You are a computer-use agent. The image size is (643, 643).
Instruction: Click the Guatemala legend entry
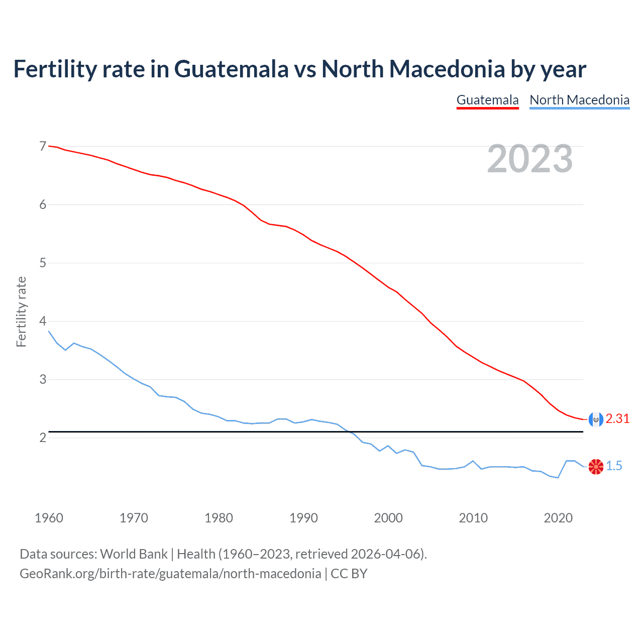(487, 100)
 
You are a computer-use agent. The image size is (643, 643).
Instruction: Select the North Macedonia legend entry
(579, 100)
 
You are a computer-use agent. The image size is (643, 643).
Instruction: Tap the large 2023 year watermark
(529, 159)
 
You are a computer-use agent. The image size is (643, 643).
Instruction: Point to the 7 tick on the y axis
(43, 146)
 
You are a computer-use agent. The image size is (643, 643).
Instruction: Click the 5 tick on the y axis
(43, 263)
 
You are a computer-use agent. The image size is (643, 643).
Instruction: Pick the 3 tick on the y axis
(43, 379)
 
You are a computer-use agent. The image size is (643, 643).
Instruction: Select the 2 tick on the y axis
(43, 438)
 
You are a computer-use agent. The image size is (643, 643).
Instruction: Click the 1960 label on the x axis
(49, 518)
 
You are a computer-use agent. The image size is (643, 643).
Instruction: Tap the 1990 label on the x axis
(303, 518)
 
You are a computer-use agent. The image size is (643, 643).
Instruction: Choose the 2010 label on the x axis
(473, 518)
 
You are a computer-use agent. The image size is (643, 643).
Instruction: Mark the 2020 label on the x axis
(558, 518)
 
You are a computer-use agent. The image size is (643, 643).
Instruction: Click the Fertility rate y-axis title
(21, 311)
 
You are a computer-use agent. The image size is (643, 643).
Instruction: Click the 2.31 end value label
(617, 418)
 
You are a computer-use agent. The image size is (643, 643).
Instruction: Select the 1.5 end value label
(614, 466)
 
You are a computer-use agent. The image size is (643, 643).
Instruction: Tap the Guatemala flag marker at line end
(596, 419)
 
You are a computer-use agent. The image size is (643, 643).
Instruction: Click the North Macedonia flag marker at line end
(596, 467)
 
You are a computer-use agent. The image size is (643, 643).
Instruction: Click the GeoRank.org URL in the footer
(170, 573)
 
